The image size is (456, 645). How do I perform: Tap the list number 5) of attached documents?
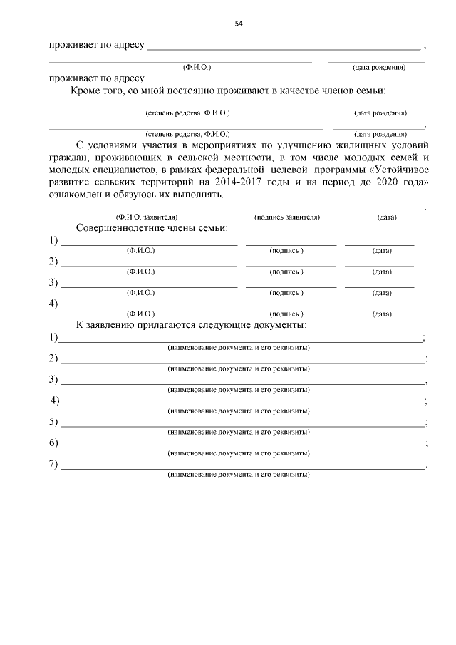(53, 422)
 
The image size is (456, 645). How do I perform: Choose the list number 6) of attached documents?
(53, 443)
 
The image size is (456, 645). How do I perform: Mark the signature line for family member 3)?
(291, 286)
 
